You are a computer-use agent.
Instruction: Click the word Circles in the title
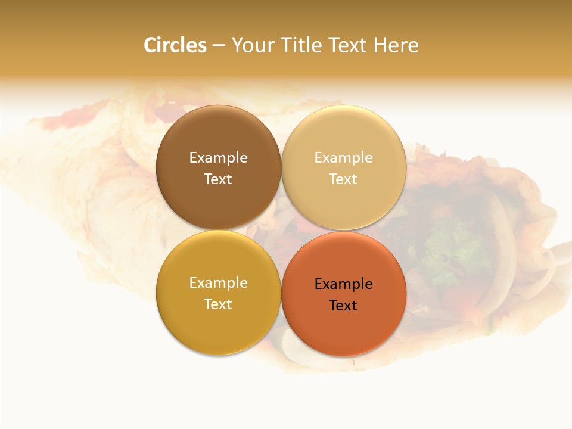tap(175, 45)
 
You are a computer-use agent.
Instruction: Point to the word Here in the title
tap(396, 45)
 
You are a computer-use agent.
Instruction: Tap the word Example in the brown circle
tap(218, 158)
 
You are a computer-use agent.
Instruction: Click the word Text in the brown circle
tap(218, 179)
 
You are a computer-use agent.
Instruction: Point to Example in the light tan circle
tap(343, 158)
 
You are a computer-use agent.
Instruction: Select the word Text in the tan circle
tap(343, 179)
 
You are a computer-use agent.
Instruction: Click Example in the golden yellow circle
tap(218, 283)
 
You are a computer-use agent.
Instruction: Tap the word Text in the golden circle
tap(218, 304)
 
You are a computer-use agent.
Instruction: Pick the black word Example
tap(343, 284)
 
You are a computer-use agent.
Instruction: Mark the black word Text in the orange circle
tap(343, 306)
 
